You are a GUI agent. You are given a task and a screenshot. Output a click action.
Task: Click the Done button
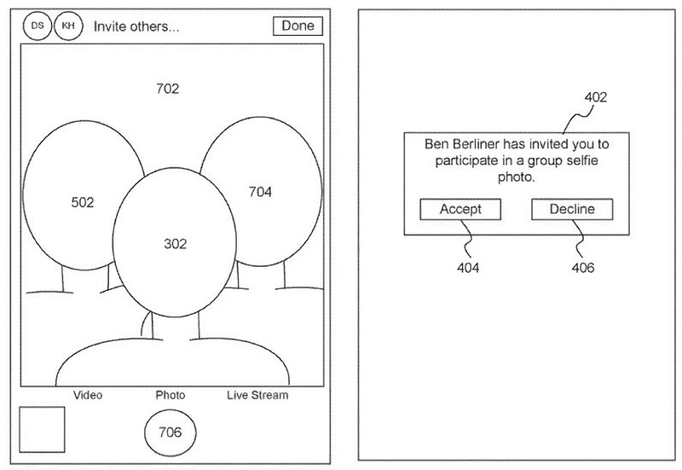[298, 26]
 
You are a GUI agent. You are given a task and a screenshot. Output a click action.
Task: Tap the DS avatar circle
[37, 26]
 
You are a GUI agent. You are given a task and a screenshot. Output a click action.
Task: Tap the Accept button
[460, 209]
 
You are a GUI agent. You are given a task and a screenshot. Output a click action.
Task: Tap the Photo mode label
[170, 395]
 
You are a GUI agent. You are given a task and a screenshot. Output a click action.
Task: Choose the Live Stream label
[257, 395]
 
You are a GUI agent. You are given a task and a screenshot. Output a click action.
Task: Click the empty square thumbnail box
[42, 429]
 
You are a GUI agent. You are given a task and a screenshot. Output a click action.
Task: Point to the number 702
[168, 88]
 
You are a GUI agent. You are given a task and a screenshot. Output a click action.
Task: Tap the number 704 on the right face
[260, 192]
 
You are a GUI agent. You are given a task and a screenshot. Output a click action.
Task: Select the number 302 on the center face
[175, 243]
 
